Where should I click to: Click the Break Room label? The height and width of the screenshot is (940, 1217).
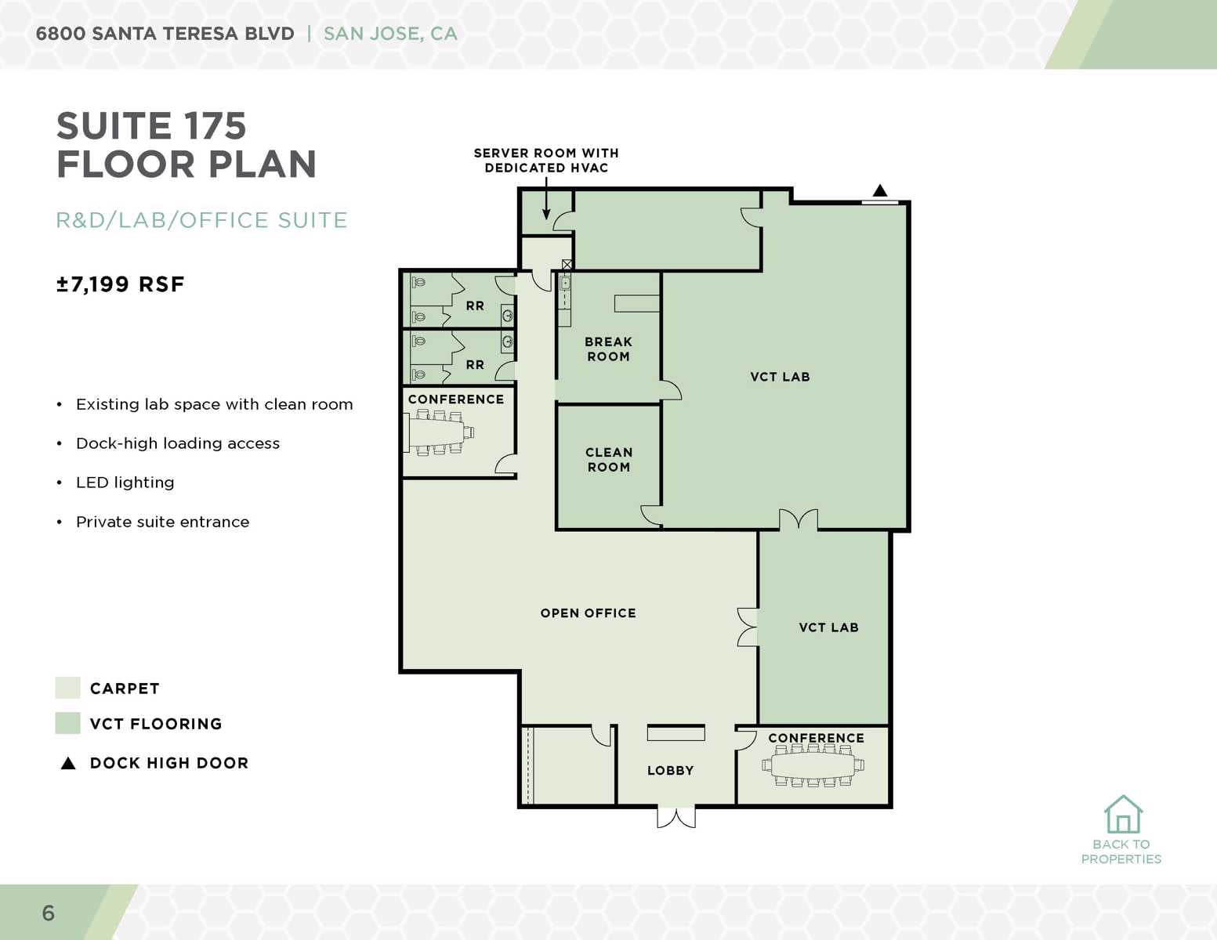point(608,349)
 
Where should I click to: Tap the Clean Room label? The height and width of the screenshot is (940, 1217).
point(608,460)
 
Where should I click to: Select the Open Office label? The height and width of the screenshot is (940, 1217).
point(588,613)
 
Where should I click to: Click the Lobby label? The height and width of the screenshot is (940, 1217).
point(670,771)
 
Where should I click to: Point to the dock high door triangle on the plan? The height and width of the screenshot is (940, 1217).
point(880,190)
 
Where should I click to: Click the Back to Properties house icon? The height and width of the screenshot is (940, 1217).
point(1123,815)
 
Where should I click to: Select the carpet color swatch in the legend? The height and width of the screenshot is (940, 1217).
point(68,688)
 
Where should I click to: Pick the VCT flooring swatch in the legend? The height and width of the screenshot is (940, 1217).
point(68,723)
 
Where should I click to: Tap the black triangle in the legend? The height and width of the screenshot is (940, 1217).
point(68,763)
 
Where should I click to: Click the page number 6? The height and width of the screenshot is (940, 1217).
point(49,913)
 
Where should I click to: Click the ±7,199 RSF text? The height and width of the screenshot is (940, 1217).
point(120,284)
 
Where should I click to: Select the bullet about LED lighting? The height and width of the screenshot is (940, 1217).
point(125,483)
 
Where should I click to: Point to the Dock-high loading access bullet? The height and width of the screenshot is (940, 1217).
point(177,443)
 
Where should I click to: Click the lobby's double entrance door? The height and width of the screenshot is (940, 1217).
point(676,817)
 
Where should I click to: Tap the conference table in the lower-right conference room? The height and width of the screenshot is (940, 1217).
point(813,765)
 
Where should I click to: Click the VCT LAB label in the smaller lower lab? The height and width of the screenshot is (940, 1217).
point(828,627)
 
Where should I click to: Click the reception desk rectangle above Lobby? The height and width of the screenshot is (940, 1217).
point(676,733)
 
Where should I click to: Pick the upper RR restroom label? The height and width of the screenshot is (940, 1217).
point(475,306)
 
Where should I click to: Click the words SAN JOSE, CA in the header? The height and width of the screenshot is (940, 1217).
point(390,34)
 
